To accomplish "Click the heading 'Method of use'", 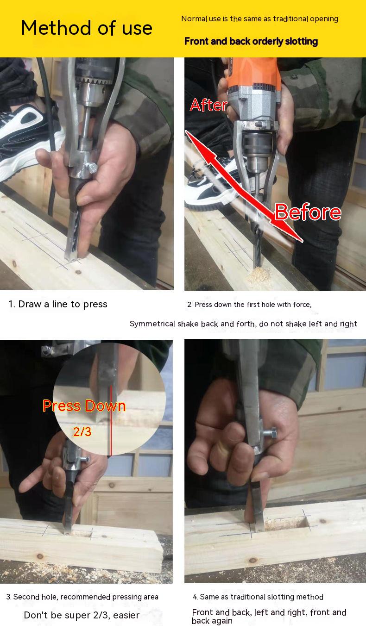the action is (87, 28).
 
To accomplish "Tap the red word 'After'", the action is (208, 105).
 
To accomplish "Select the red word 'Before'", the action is (308, 212).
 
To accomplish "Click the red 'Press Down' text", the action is (84, 406).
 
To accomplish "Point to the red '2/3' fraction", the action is (82, 431).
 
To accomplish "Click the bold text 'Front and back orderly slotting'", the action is (251, 41).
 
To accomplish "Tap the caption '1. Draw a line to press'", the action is (58, 304).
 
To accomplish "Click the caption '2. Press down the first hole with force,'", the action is (249, 304).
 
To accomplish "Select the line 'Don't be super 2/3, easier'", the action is (82, 615).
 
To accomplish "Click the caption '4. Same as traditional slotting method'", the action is (258, 597).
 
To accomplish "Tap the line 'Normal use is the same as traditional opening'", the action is (259, 19).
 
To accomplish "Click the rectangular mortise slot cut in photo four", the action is (284, 523).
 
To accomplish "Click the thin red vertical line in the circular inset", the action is (111, 420).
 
